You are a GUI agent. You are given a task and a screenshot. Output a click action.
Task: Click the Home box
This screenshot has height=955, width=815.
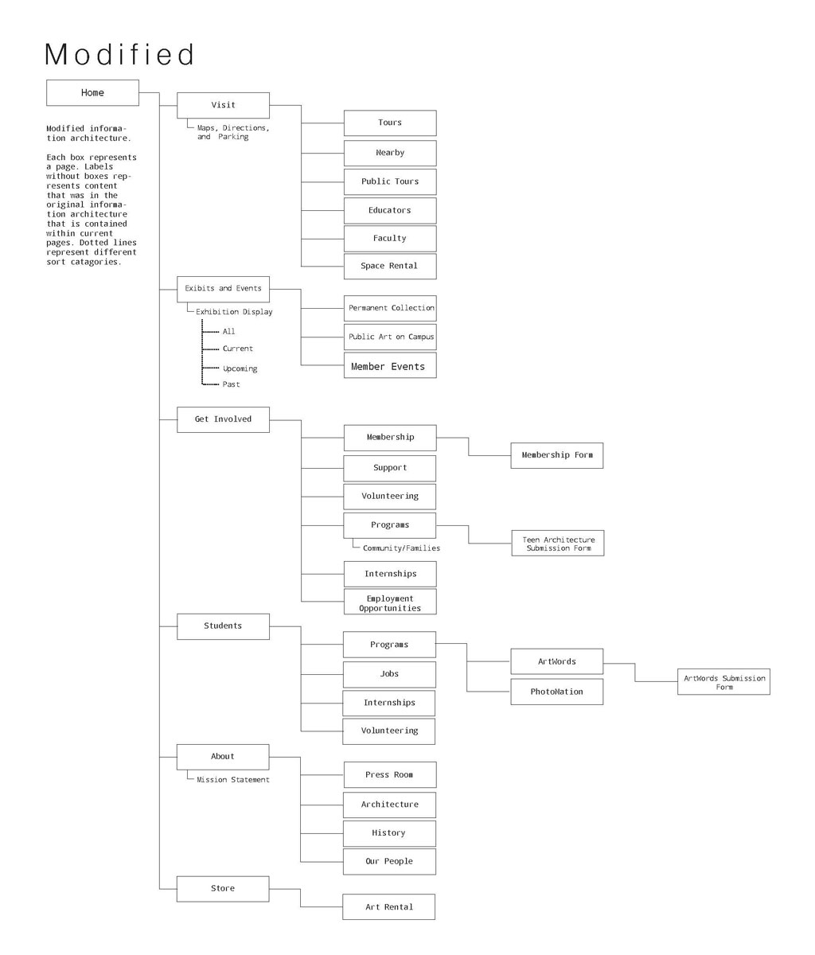(x=92, y=93)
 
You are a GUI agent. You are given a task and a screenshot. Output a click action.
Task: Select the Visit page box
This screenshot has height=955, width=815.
(x=223, y=105)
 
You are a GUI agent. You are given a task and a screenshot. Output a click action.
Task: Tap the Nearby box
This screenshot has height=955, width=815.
(x=390, y=153)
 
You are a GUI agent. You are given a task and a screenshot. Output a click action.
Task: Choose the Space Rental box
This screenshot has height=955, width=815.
(x=390, y=266)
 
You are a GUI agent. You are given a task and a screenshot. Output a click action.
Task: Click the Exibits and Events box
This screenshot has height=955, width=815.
(x=223, y=289)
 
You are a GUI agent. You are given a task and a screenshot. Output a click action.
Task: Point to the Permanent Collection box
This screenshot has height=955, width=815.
(x=390, y=308)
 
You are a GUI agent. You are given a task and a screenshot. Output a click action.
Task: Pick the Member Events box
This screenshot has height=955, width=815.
(x=390, y=365)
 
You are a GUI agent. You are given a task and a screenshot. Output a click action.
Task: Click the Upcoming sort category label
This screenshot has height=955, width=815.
(x=240, y=368)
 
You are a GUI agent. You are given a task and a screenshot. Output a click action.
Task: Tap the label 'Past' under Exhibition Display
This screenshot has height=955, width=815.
(x=231, y=384)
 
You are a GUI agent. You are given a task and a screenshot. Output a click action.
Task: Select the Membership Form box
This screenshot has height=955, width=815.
(x=557, y=455)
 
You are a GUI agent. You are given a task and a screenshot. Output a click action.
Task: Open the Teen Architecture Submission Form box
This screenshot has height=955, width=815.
(x=558, y=544)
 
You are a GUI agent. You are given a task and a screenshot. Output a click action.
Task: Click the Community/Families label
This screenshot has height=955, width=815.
(x=401, y=548)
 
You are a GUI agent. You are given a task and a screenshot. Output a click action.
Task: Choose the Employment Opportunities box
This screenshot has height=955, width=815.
(x=390, y=602)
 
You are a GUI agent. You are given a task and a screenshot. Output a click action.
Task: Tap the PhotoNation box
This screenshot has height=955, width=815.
(x=557, y=692)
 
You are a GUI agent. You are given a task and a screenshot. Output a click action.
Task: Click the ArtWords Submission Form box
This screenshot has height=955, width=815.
(x=723, y=681)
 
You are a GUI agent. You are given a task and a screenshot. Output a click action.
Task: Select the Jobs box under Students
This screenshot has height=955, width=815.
(x=389, y=675)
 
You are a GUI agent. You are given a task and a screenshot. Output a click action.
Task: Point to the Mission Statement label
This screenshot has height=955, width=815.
(x=233, y=780)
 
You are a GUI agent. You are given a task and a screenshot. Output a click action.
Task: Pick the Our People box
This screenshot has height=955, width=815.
(x=389, y=862)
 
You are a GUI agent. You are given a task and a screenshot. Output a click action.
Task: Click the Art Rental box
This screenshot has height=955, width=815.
(x=388, y=907)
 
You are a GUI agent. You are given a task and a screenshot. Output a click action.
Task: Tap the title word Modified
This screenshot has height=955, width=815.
(x=119, y=54)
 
